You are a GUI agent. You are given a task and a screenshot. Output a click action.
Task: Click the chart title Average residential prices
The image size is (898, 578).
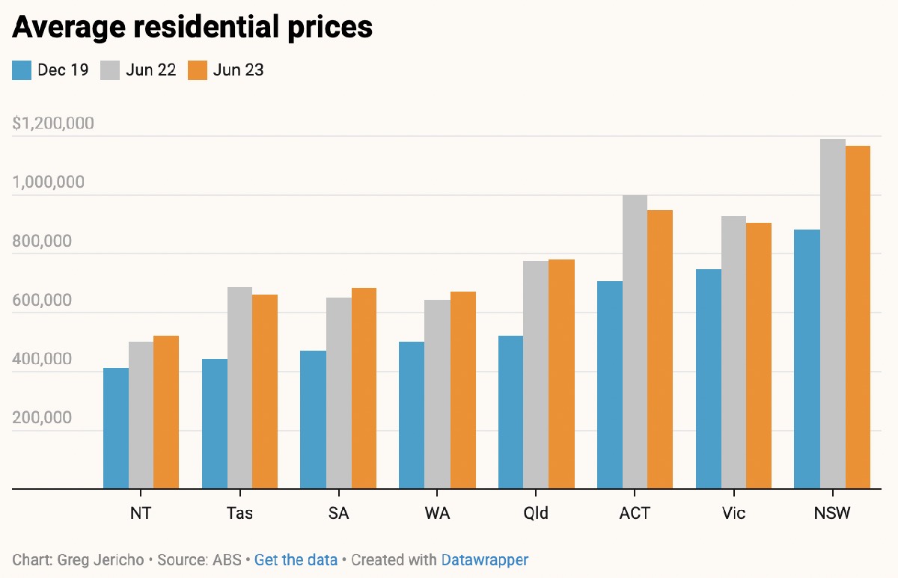(192, 27)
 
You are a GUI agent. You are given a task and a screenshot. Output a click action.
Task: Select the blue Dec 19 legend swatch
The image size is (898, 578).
(22, 70)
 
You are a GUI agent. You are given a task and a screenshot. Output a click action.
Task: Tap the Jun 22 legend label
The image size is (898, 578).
(151, 70)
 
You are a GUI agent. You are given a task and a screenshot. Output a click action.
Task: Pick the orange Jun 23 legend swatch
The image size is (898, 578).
(197, 70)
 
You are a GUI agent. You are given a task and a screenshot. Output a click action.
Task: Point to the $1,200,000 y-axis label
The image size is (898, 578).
(53, 123)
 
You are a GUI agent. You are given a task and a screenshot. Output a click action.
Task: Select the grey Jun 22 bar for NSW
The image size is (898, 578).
(833, 314)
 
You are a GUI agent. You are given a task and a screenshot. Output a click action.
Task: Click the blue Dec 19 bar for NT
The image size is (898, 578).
(116, 428)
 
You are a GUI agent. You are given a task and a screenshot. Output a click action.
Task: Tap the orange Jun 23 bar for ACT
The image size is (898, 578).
(660, 349)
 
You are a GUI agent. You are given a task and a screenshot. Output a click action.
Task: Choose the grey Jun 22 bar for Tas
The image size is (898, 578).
(239, 388)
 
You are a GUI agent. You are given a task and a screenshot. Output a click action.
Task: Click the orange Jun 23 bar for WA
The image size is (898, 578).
(463, 390)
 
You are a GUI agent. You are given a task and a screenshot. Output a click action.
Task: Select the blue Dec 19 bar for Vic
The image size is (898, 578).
(709, 379)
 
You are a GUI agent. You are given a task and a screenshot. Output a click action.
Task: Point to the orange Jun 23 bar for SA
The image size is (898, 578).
(364, 388)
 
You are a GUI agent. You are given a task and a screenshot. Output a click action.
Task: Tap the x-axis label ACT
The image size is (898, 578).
(635, 514)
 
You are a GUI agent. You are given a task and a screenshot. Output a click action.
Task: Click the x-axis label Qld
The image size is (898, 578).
(536, 514)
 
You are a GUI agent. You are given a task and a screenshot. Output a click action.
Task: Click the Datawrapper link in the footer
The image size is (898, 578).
(485, 559)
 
